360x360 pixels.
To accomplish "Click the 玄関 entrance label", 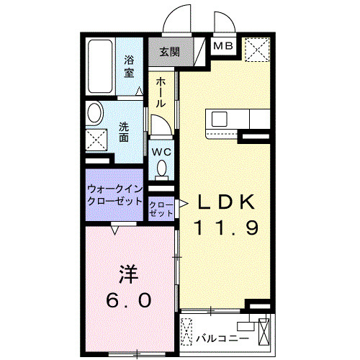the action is point(170,52).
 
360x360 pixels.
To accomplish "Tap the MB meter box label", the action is point(223,45).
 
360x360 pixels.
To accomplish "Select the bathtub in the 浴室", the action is point(100,66).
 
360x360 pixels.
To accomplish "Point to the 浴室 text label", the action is point(129,66).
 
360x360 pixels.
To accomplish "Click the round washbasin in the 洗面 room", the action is point(95,113).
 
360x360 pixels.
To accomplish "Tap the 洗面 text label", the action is point(124,132).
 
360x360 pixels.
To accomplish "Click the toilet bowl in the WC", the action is point(161,168).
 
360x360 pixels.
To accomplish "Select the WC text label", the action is point(162,152).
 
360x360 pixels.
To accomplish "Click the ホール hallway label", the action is point(161,93).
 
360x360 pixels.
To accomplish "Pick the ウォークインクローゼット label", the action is point(115,195).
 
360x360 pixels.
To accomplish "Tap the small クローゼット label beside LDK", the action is point(161,209).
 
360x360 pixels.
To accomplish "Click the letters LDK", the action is point(226,202).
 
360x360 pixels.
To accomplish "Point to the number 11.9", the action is point(227,228).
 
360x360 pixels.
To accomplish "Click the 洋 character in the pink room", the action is point(129,274).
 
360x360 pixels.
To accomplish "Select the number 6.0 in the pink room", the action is point(129,300).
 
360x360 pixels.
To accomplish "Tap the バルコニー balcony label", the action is point(222,338).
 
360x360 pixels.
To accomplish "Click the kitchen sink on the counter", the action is point(220,119).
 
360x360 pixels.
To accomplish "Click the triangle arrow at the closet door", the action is point(184,204).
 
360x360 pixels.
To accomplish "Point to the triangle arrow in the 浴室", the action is point(139,91).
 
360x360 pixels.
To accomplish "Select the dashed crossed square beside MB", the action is point(257,50).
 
